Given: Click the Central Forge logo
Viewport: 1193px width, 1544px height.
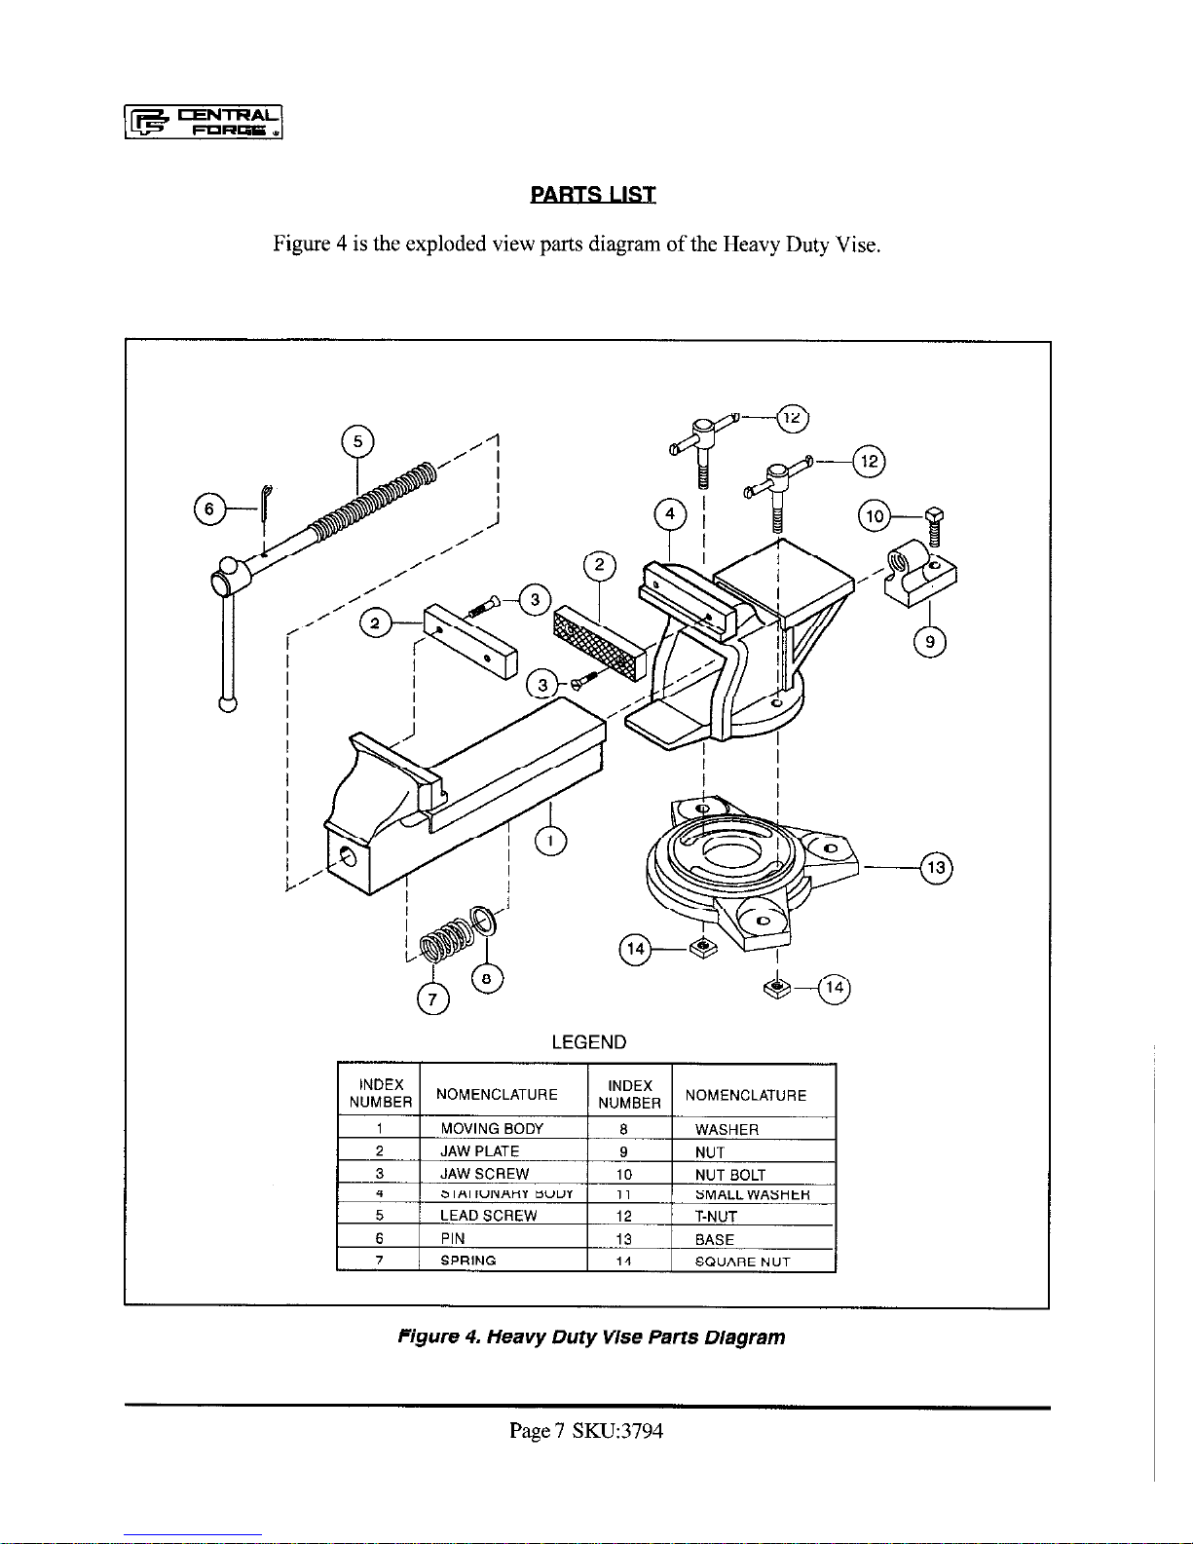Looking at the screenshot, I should (x=204, y=122).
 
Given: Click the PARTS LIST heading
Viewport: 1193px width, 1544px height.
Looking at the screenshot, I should (x=592, y=194).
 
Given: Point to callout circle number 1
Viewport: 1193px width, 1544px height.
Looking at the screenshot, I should (x=551, y=841).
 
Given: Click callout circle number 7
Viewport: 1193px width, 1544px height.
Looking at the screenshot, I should (x=433, y=998).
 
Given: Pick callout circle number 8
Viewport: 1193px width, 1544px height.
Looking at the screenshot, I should (x=487, y=978).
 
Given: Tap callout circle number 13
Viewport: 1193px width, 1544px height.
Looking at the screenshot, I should (x=936, y=867).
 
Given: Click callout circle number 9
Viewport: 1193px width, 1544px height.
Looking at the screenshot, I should (x=931, y=641).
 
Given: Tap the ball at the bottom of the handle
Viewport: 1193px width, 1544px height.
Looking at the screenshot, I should (x=228, y=704).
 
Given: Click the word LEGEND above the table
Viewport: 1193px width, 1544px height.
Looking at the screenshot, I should (x=588, y=1041).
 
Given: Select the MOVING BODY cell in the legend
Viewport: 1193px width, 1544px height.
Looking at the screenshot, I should (x=492, y=1129).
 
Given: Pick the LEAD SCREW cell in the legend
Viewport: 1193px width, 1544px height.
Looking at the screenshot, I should (x=489, y=1216).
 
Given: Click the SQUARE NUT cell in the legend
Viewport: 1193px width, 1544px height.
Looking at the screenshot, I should (x=742, y=1262).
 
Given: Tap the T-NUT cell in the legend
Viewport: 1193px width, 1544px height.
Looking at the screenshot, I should (x=716, y=1217).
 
